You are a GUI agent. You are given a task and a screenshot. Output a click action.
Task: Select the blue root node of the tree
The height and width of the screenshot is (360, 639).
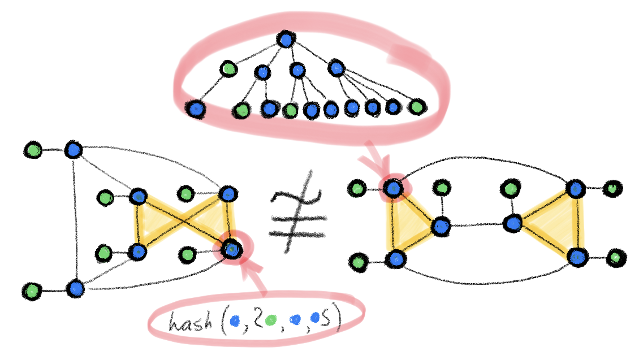pyautogui.click(x=286, y=40)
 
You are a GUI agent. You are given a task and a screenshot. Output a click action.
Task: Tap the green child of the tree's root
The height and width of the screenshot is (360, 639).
pyautogui.click(x=228, y=69)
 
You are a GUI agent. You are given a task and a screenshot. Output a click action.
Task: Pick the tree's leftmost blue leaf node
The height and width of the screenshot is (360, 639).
pyautogui.click(x=196, y=109)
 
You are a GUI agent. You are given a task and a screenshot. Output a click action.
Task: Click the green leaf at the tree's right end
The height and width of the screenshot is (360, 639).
pyautogui.click(x=416, y=106)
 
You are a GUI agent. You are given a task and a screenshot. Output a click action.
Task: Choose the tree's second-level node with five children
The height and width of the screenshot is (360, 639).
pyautogui.click(x=336, y=68)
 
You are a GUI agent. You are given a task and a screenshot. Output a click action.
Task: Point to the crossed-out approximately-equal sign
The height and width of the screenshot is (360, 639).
pyautogui.click(x=298, y=213)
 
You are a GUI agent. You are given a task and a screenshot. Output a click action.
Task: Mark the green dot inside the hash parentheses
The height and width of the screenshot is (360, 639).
pyautogui.click(x=270, y=321)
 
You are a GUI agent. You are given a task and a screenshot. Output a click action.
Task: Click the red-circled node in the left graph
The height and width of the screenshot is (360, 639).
pyautogui.click(x=231, y=248)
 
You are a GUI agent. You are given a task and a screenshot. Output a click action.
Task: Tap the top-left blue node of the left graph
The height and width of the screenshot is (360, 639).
pyautogui.click(x=73, y=150)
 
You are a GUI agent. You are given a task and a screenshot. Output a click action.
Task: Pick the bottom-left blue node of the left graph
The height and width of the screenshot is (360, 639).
pyautogui.click(x=75, y=289)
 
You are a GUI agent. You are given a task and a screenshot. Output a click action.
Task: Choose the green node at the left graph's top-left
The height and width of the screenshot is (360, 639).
pyautogui.click(x=33, y=150)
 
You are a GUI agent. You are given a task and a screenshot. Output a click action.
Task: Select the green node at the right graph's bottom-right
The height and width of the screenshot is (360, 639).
pyautogui.click(x=615, y=259)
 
